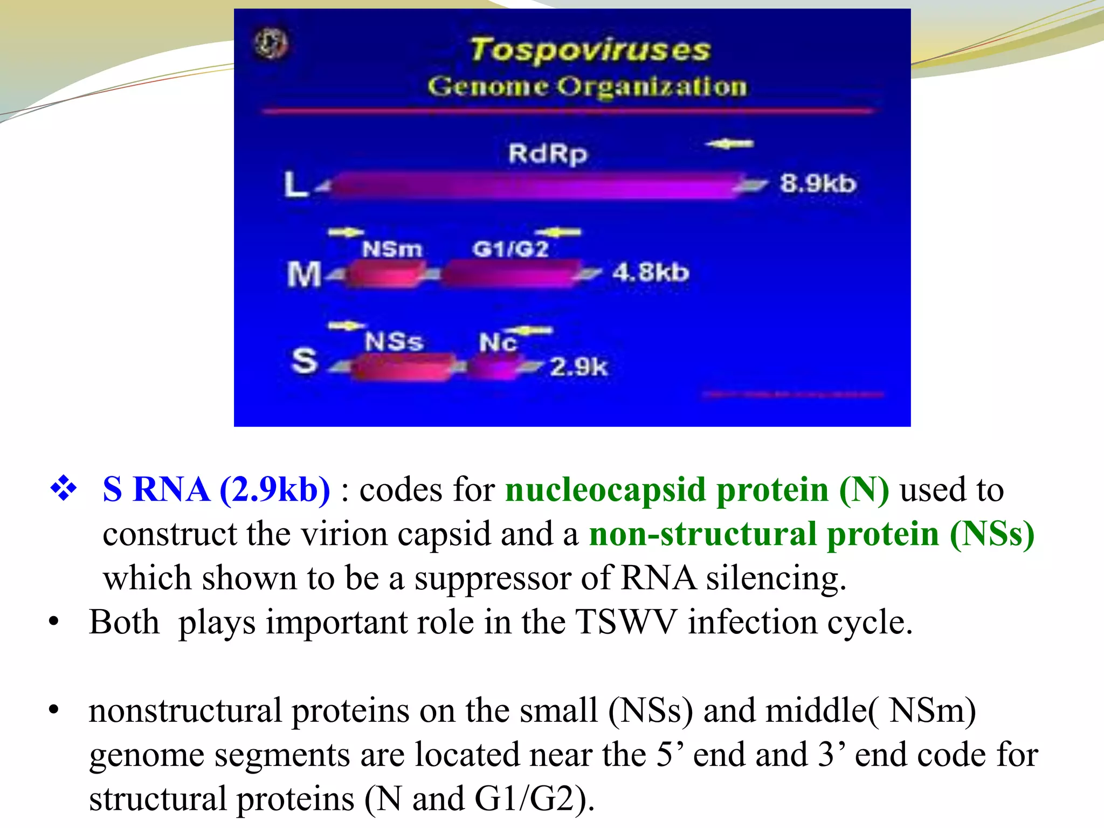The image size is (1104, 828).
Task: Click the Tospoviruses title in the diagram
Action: tap(590, 50)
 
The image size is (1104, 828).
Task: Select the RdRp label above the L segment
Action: tap(548, 154)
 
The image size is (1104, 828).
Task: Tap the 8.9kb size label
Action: tap(817, 184)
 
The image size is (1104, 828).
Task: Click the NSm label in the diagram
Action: tap(392, 249)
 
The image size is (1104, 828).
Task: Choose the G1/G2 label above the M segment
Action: tap(510, 249)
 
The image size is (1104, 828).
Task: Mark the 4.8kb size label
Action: tap(651, 272)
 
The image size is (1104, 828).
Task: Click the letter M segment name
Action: tap(304, 274)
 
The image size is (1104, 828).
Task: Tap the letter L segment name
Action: tap(296, 184)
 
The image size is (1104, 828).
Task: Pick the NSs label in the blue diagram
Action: tap(394, 342)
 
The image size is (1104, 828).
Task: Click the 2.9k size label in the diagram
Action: tap(578, 368)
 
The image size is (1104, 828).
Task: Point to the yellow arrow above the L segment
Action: tap(729, 144)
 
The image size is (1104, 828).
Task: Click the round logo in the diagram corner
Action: tap(271, 44)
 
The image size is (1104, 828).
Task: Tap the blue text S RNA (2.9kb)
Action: tap(216, 490)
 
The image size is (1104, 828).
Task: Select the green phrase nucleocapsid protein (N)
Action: tap(696, 490)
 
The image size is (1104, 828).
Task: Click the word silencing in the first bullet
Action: tap(776, 578)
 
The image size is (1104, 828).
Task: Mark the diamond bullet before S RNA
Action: tap(64, 488)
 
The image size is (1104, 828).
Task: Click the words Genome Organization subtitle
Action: tap(588, 87)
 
